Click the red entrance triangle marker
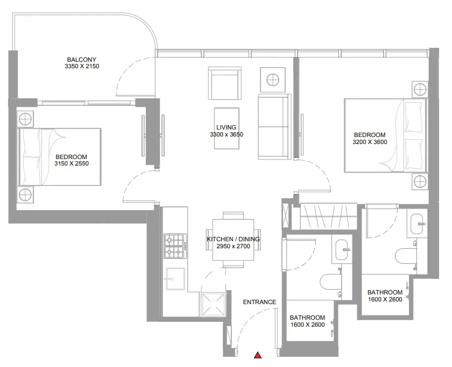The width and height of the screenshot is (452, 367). [x=258, y=355]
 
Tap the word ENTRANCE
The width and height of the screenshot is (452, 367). [x=259, y=302]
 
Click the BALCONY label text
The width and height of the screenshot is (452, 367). [x=82, y=60]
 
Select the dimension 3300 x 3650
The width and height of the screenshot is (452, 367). [x=227, y=134]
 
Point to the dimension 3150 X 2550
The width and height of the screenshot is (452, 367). [x=72, y=163]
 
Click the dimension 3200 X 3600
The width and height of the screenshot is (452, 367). [x=370, y=142]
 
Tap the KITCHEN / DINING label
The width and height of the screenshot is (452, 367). [x=233, y=239]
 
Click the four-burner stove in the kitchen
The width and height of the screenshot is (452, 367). [x=175, y=246]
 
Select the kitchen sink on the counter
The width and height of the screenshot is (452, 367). [x=175, y=279]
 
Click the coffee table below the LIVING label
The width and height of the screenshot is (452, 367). [x=227, y=128]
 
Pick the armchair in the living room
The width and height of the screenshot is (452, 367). [x=225, y=83]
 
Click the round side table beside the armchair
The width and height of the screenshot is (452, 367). [x=273, y=80]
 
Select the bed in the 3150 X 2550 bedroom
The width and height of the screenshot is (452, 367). [x=60, y=157]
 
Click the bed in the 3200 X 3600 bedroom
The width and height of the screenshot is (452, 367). [x=385, y=135]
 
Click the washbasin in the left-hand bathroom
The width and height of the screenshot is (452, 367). [x=342, y=249]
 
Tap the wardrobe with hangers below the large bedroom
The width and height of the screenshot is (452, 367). [x=329, y=216]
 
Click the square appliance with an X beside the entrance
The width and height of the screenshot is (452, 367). [x=214, y=304]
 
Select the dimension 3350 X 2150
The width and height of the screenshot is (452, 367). [x=82, y=66]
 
